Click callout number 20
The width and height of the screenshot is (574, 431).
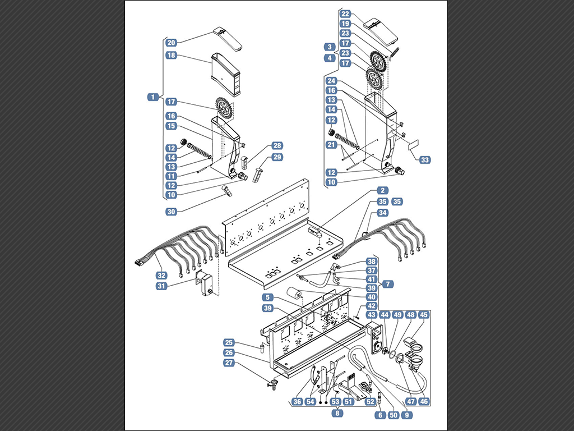click(172, 43)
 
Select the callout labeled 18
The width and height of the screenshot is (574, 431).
click(172, 56)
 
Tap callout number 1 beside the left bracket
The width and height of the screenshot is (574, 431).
click(153, 97)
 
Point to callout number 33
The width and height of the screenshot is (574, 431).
click(425, 160)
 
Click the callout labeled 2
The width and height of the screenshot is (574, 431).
click(382, 190)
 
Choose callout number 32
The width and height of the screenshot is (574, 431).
click(161, 275)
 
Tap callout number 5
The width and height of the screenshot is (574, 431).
click(267, 297)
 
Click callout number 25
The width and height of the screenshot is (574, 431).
click(229, 343)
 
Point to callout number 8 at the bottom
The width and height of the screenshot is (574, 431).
click(337, 413)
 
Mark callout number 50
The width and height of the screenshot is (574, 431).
click(394, 415)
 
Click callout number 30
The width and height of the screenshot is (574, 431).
click(172, 212)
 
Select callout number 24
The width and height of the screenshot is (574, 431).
click(331, 81)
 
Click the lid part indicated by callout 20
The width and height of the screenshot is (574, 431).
click(228, 38)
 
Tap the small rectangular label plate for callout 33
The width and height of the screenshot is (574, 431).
click(414, 144)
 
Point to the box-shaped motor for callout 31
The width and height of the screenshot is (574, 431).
click(205, 283)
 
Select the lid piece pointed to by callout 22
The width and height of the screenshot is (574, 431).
click(381, 29)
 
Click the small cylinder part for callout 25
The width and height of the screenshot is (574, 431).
click(262, 347)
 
